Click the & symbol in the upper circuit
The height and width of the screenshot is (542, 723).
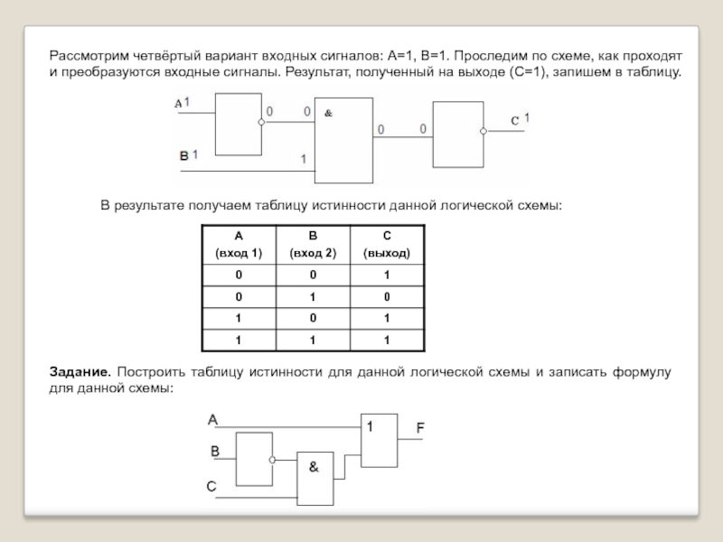(x=328, y=114)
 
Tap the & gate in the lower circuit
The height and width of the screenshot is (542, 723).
(x=318, y=477)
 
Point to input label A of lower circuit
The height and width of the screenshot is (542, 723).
(x=213, y=419)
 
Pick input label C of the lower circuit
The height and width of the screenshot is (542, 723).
(x=211, y=486)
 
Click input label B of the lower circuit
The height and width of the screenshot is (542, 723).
(x=215, y=451)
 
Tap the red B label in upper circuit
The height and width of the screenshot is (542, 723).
(x=183, y=155)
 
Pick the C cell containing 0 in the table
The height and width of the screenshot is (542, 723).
(x=386, y=296)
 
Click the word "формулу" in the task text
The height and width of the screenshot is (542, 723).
(x=642, y=372)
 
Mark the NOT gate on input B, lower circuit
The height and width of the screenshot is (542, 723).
(x=254, y=458)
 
